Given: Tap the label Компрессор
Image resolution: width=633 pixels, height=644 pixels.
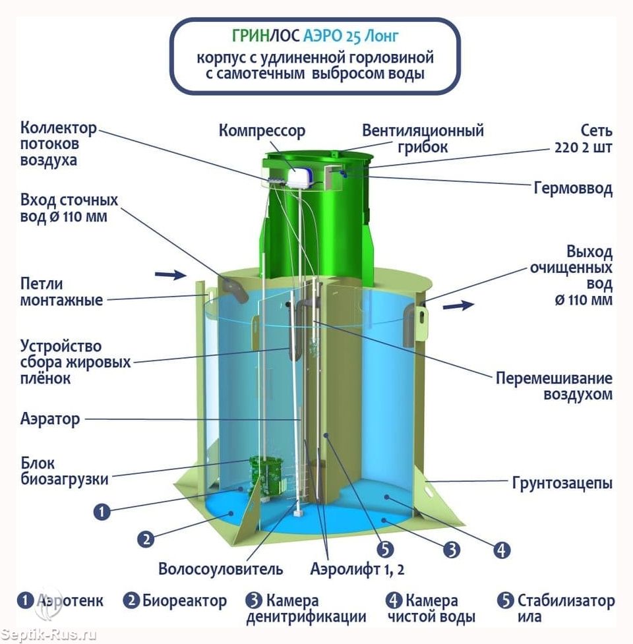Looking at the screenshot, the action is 262,131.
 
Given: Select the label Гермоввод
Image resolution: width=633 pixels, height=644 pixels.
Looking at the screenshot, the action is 573,189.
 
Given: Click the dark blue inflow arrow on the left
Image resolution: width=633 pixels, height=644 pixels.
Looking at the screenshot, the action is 171,274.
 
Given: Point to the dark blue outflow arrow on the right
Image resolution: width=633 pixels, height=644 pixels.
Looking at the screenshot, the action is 458,305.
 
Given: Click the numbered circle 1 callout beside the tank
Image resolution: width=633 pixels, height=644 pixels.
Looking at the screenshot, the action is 102,512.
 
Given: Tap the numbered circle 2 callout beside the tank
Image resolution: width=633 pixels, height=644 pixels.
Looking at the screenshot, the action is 146,539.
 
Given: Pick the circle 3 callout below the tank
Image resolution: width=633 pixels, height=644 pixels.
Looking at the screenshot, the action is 452,550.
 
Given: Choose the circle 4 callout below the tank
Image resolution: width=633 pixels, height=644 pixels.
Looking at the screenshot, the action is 502,550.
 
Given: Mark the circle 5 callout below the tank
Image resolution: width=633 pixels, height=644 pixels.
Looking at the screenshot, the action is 385,550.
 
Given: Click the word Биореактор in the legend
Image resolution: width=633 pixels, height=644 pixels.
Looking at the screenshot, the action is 185,601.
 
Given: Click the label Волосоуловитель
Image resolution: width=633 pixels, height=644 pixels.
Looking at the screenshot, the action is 221,570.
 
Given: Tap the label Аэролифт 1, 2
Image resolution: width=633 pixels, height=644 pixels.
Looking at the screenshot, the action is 357,570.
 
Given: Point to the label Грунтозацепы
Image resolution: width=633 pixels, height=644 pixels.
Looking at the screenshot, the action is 562,483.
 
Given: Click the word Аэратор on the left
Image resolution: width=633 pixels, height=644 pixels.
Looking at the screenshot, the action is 50,419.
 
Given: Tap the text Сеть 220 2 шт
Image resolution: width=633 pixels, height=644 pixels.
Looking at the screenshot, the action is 584,139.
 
